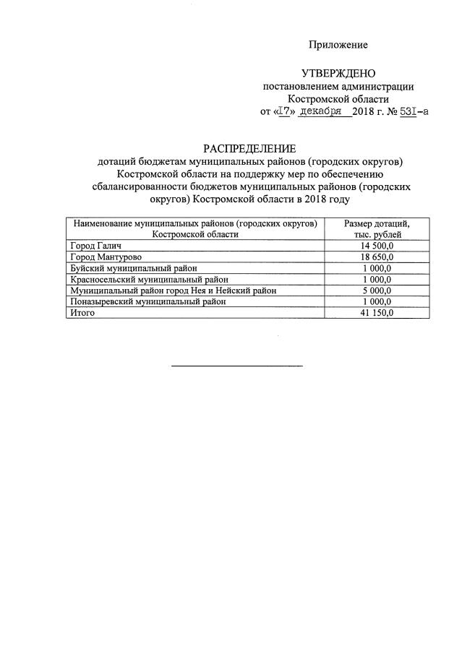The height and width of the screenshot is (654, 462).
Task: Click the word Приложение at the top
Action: tap(338, 45)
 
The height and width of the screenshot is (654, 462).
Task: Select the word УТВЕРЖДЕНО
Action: tap(338, 74)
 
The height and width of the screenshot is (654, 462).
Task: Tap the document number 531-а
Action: tap(414, 112)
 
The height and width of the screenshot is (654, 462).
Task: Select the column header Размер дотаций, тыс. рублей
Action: tap(376, 229)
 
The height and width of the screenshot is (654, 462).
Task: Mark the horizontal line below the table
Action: tap(236, 366)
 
